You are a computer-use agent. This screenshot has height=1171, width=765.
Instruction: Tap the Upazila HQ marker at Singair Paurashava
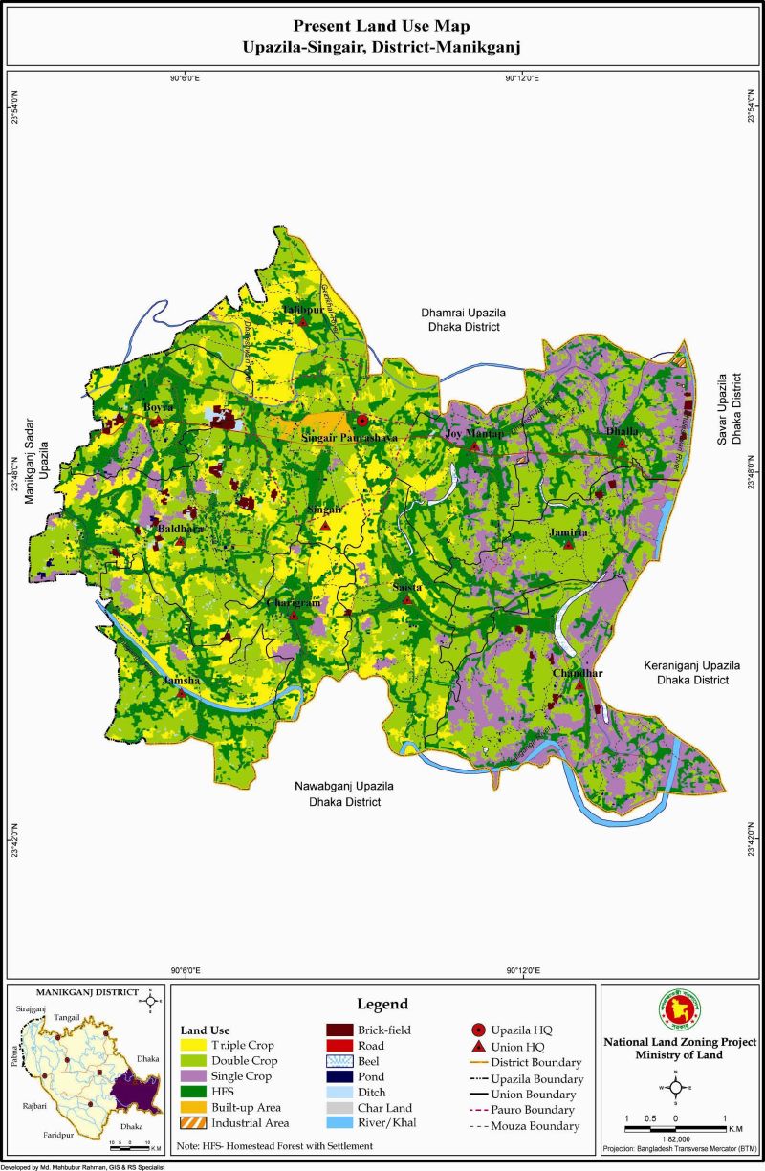point(361,421)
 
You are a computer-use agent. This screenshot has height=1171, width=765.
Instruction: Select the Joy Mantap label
point(473,434)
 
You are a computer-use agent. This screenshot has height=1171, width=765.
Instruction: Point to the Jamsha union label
point(181,679)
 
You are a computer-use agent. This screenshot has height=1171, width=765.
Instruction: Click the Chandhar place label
point(578,673)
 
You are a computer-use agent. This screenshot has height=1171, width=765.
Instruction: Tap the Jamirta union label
point(568,531)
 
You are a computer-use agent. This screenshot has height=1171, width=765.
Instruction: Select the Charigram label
point(293,603)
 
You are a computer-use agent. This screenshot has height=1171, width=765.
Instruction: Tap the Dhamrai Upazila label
point(462,319)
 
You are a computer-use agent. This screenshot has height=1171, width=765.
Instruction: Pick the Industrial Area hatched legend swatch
point(195,1122)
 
